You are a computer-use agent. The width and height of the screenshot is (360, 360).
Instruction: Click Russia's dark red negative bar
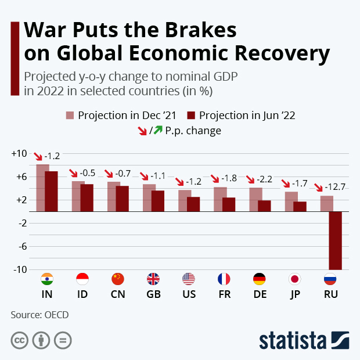point(335,240)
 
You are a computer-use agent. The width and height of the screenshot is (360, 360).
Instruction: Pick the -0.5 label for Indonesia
point(87,173)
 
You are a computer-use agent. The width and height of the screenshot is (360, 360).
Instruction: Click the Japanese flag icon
point(294,279)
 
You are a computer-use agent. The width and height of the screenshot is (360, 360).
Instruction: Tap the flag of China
point(118,279)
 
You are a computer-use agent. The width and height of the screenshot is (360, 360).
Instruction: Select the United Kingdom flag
point(153,279)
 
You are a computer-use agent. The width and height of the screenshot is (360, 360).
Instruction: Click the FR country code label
point(224,294)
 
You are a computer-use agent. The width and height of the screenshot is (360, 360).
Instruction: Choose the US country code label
point(189,294)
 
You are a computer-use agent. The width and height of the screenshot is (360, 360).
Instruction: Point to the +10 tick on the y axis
point(19,154)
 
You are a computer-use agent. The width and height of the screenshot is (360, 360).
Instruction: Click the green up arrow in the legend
point(157,131)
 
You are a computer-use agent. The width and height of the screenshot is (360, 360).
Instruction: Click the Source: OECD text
point(39,315)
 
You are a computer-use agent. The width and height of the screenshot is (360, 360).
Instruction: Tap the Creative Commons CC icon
point(20,340)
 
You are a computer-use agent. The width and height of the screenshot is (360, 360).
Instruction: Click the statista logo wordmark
point(293,340)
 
